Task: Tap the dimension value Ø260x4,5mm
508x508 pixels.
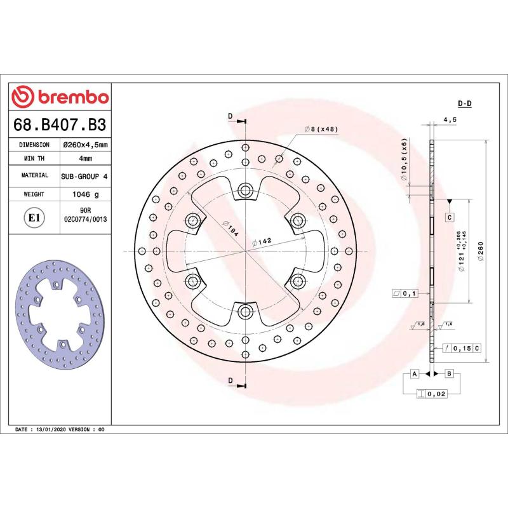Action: click(84, 145)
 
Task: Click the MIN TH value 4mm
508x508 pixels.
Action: click(84, 159)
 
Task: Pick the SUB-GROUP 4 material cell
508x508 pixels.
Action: click(84, 175)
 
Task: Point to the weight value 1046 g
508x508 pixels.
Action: click(84, 194)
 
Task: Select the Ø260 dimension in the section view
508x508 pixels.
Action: click(481, 254)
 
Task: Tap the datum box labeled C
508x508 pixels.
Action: click(449, 218)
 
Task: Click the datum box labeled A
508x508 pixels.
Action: click(414, 373)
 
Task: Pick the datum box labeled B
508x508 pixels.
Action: click(449, 373)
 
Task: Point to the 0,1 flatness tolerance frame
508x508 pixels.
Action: click(404, 293)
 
